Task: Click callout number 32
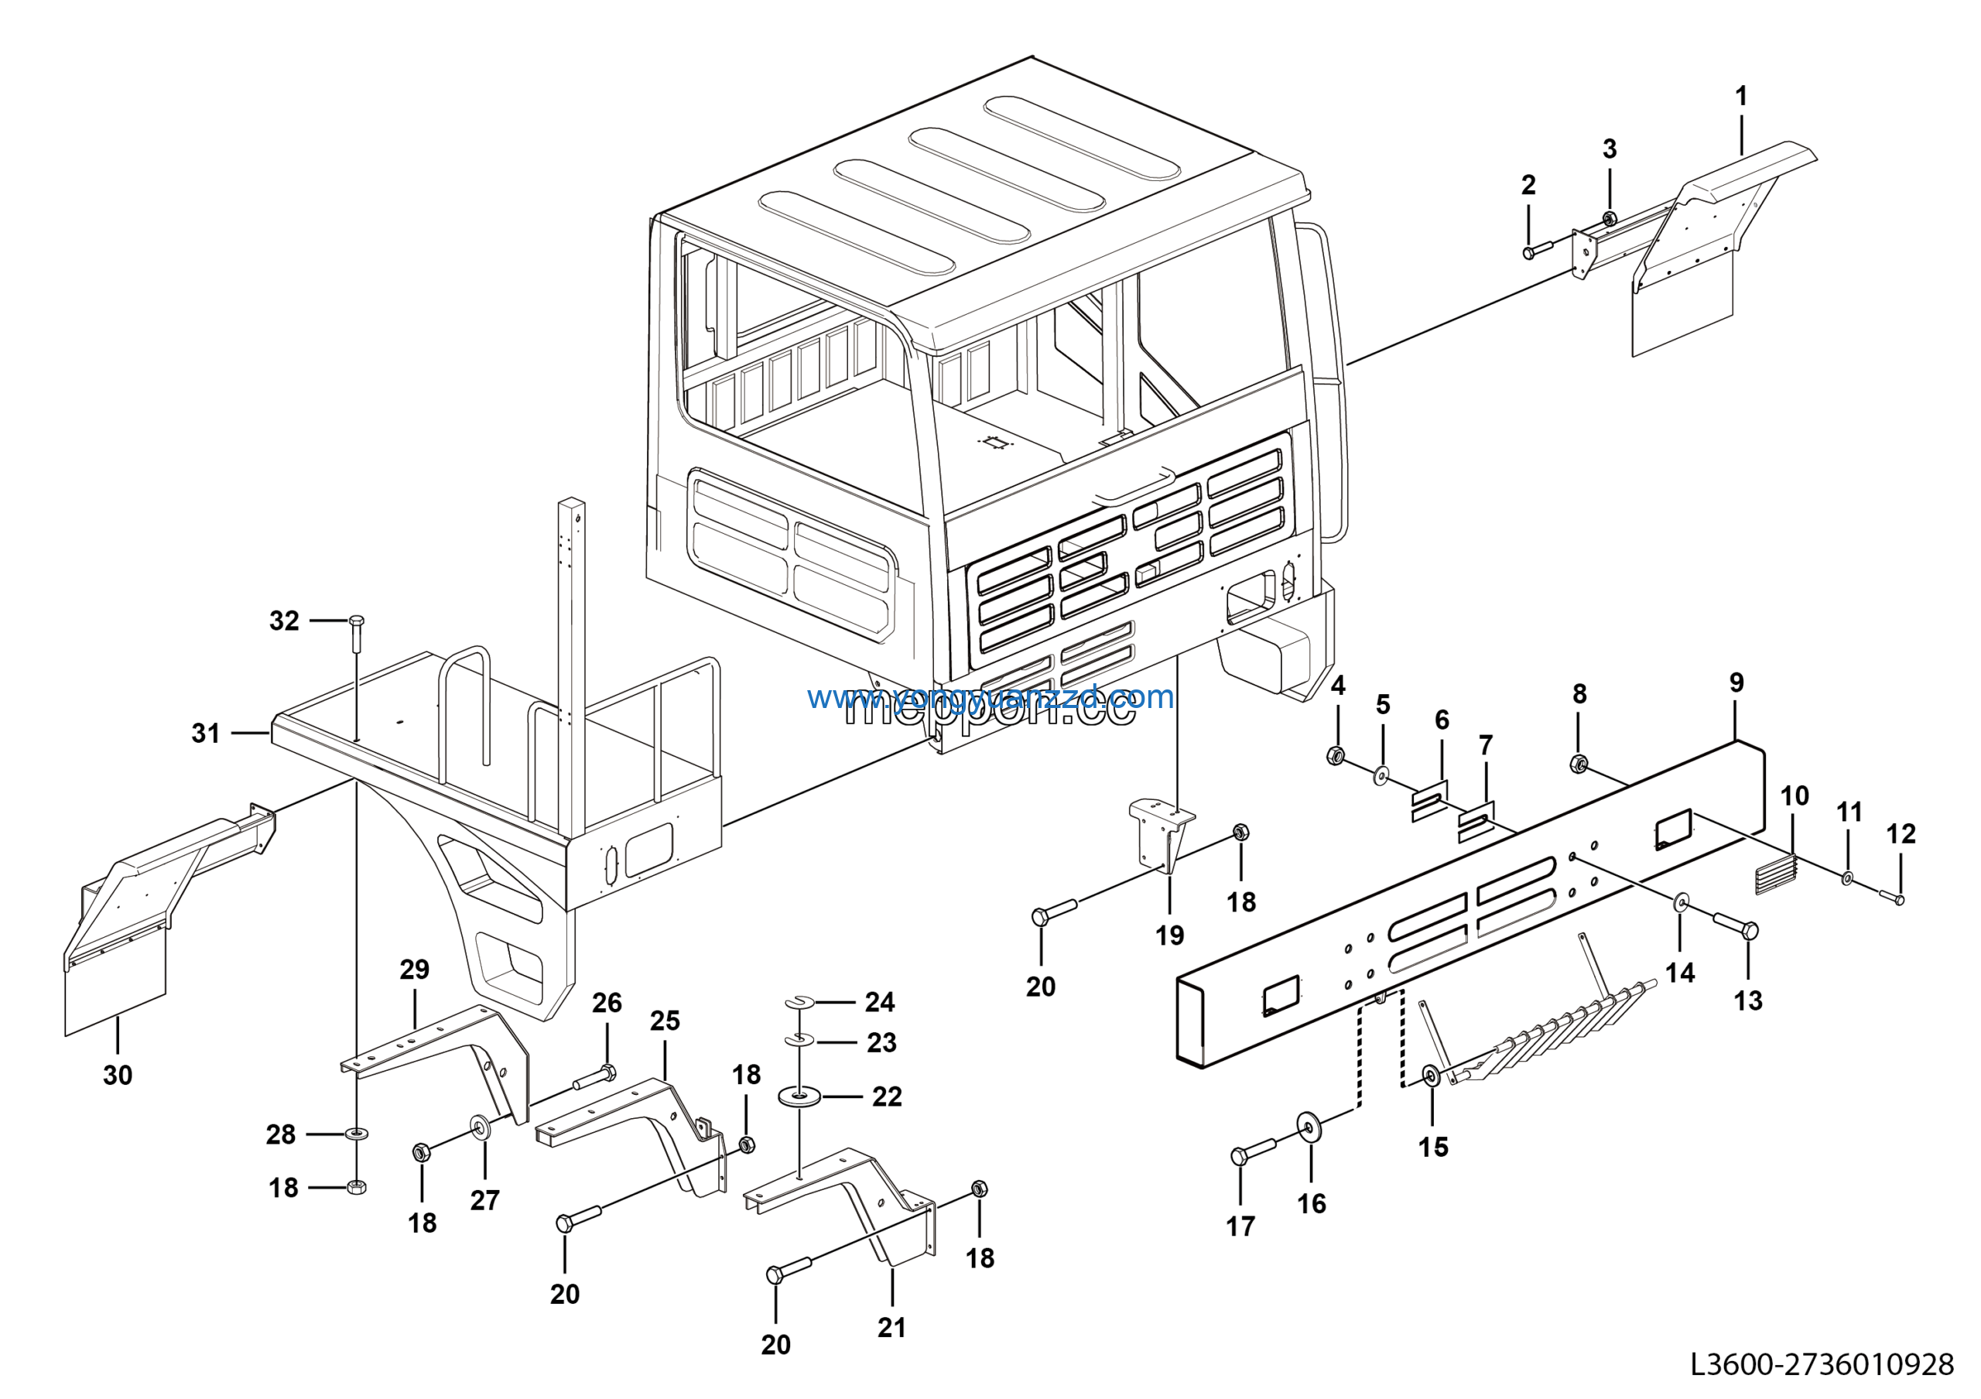coord(284,621)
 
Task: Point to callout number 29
coord(414,970)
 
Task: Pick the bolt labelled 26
coord(594,1076)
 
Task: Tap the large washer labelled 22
coord(800,1097)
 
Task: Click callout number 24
coord(879,1001)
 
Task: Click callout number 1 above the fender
coord(1741,96)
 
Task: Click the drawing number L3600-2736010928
coord(1821,1363)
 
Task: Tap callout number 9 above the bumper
coord(1736,683)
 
